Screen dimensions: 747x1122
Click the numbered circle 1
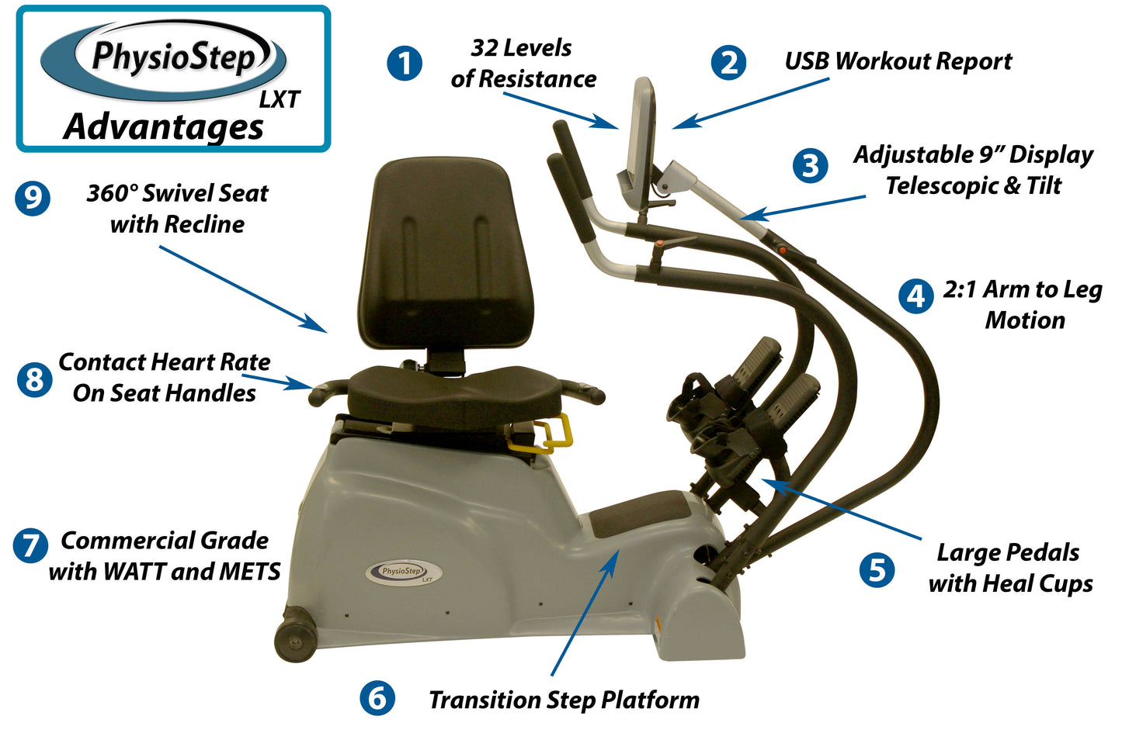(405, 63)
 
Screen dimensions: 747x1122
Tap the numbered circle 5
(877, 570)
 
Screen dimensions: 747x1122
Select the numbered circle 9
(33, 198)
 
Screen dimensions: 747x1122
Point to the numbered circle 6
(377, 697)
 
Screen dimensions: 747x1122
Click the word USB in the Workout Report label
(807, 61)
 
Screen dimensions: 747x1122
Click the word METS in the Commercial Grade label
(250, 572)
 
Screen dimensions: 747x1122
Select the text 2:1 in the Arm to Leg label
(960, 290)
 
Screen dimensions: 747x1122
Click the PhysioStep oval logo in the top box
(164, 61)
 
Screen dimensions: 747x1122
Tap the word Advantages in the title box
(164, 127)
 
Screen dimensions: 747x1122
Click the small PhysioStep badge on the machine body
(404, 572)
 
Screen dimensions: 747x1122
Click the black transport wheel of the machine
(296, 639)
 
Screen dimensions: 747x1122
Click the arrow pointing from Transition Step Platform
(584, 613)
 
